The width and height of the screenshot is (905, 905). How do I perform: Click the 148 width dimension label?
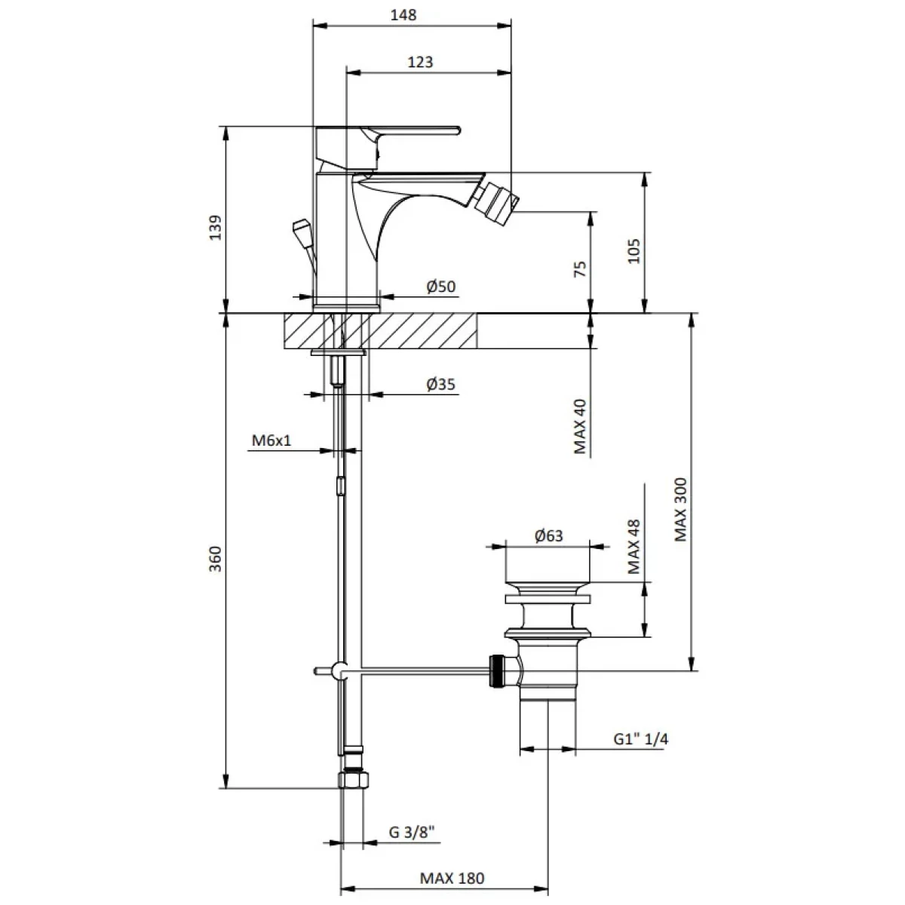click(403, 16)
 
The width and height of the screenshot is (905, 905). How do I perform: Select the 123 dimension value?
click(420, 62)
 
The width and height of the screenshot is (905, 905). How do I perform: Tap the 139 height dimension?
click(215, 227)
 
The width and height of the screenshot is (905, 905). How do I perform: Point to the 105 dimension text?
click(634, 251)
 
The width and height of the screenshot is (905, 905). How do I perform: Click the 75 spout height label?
click(581, 268)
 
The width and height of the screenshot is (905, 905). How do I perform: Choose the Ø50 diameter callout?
click(441, 287)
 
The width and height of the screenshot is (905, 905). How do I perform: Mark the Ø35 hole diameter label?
click(441, 384)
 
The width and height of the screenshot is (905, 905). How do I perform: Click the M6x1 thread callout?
click(271, 440)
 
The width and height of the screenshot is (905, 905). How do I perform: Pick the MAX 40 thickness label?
click(581, 426)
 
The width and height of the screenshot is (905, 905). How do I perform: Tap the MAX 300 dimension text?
click(680, 510)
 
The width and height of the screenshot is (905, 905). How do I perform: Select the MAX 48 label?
click(633, 547)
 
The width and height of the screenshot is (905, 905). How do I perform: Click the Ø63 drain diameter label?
click(548, 535)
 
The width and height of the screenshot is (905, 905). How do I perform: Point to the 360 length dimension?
click(215, 558)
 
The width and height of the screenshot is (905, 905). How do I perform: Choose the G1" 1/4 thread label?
click(640, 739)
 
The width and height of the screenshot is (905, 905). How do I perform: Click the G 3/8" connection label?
click(412, 832)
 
